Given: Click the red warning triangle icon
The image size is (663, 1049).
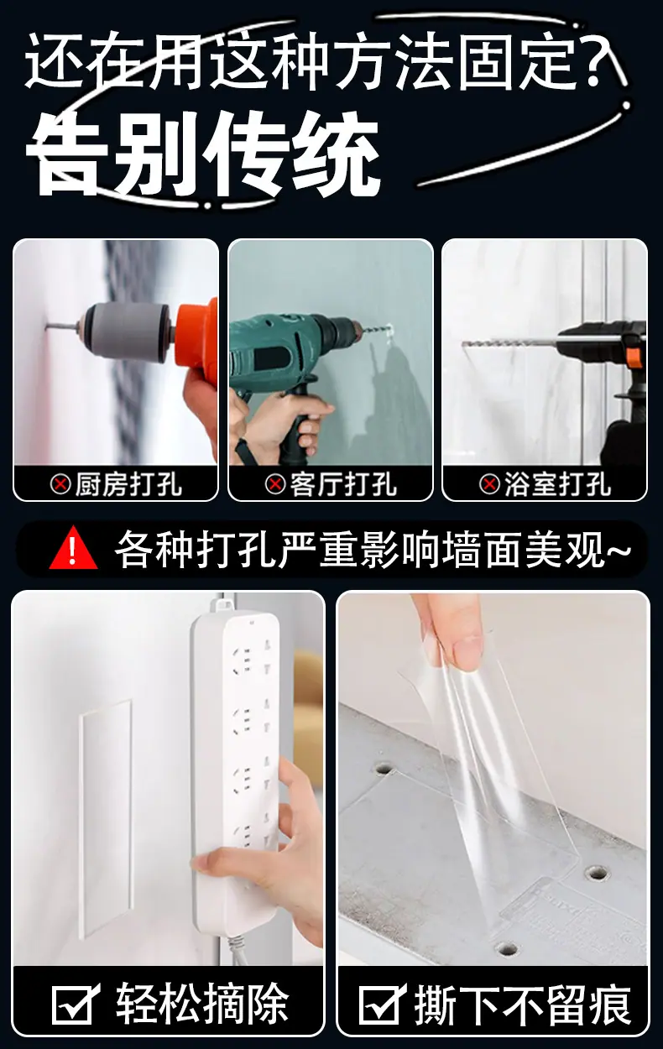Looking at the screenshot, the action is pos(74,548).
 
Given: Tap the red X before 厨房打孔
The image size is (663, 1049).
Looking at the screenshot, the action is pos(60,483).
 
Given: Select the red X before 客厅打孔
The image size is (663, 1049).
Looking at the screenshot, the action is pos(275,483).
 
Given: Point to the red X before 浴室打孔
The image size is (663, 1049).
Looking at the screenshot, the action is pos(490,483).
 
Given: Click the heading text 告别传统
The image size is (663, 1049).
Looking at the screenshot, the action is pos(202,154).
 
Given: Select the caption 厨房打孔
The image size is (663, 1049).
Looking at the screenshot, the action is pos(128,483).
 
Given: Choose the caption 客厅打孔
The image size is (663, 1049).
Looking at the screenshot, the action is pos(343,483).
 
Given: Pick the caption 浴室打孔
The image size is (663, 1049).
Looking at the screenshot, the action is pos(557,483).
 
